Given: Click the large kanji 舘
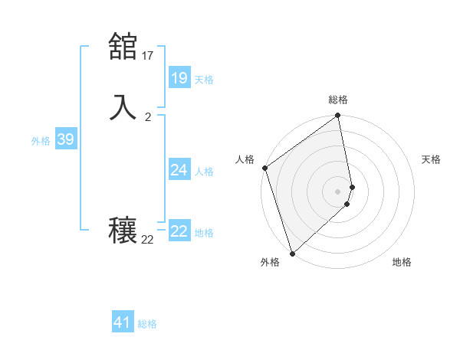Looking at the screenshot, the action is click(x=123, y=47).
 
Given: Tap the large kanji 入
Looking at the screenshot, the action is click(x=123, y=107).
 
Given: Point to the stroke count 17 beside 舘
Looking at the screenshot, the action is click(x=148, y=55).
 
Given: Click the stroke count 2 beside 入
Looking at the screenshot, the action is click(x=148, y=117).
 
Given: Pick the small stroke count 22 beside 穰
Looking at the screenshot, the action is click(x=148, y=240).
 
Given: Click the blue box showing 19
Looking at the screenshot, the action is click(x=179, y=77).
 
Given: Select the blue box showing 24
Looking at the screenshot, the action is click(x=179, y=170).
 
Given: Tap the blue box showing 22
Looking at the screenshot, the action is click(x=179, y=231).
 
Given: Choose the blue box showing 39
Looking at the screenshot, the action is click(x=65, y=139).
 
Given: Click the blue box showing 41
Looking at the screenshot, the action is click(x=123, y=323).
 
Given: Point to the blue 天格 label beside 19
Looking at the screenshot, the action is click(x=204, y=79).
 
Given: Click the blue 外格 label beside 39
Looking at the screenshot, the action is click(x=41, y=141).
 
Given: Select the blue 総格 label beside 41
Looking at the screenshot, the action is click(x=147, y=324).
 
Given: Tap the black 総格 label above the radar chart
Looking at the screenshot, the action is click(x=338, y=100).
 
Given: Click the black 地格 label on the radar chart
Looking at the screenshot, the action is click(x=402, y=262).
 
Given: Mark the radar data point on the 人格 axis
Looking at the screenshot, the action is click(x=264, y=168).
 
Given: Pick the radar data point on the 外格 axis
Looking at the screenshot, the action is click(x=291, y=253).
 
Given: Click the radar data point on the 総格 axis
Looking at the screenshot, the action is click(x=338, y=116).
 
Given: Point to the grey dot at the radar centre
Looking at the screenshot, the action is click(x=338, y=191).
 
